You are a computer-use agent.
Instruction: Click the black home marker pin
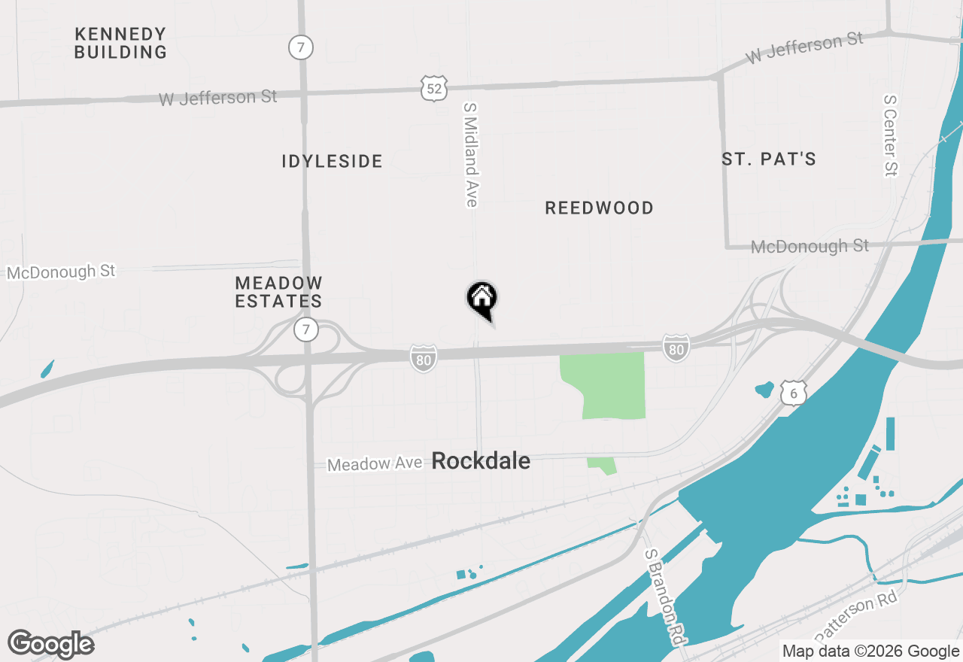click(x=482, y=299)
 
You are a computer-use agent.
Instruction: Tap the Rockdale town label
click(x=481, y=460)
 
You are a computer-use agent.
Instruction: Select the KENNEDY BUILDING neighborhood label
click(x=120, y=43)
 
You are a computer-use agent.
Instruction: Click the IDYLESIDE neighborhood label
click(x=333, y=161)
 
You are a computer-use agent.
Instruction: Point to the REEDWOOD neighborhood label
click(x=599, y=208)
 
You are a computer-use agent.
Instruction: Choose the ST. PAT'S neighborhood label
click(x=769, y=159)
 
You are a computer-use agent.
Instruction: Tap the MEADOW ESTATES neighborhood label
click(x=278, y=292)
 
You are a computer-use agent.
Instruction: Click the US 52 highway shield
click(x=434, y=87)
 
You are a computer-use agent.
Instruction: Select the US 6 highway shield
click(x=793, y=392)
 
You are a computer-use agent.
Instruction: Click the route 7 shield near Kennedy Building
click(x=301, y=47)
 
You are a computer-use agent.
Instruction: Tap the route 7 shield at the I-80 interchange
click(x=305, y=329)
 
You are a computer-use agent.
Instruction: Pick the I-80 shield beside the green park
click(x=676, y=348)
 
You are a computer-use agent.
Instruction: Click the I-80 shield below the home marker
click(x=424, y=359)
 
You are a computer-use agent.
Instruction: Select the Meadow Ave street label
click(x=375, y=464)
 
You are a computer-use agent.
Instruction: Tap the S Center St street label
click(x=891, y=135)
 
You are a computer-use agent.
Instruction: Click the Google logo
click(x=50, y=644)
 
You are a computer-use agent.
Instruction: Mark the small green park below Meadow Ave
click(x=602, y=465)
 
